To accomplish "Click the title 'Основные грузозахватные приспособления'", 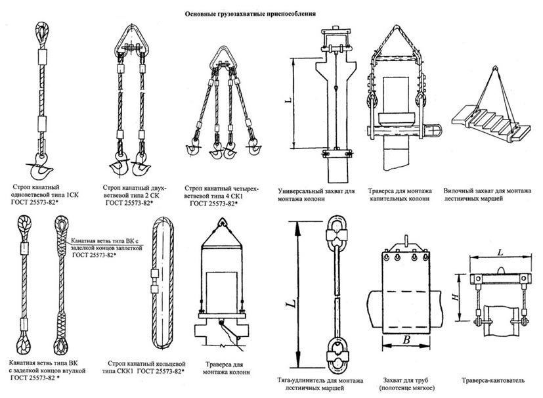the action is coord(250,14).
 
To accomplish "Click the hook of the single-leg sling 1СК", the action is coord(40,168).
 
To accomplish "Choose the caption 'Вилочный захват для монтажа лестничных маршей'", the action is coord(487,194).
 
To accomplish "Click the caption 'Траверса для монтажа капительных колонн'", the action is coord(400,194).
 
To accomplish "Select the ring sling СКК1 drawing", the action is coord(162,282).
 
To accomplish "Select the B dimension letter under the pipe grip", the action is coord(406,340).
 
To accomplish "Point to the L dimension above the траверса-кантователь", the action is coord(500,252).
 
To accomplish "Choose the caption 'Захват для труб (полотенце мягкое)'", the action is coord(407,384).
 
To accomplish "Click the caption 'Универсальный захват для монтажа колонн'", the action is coord(316,194).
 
